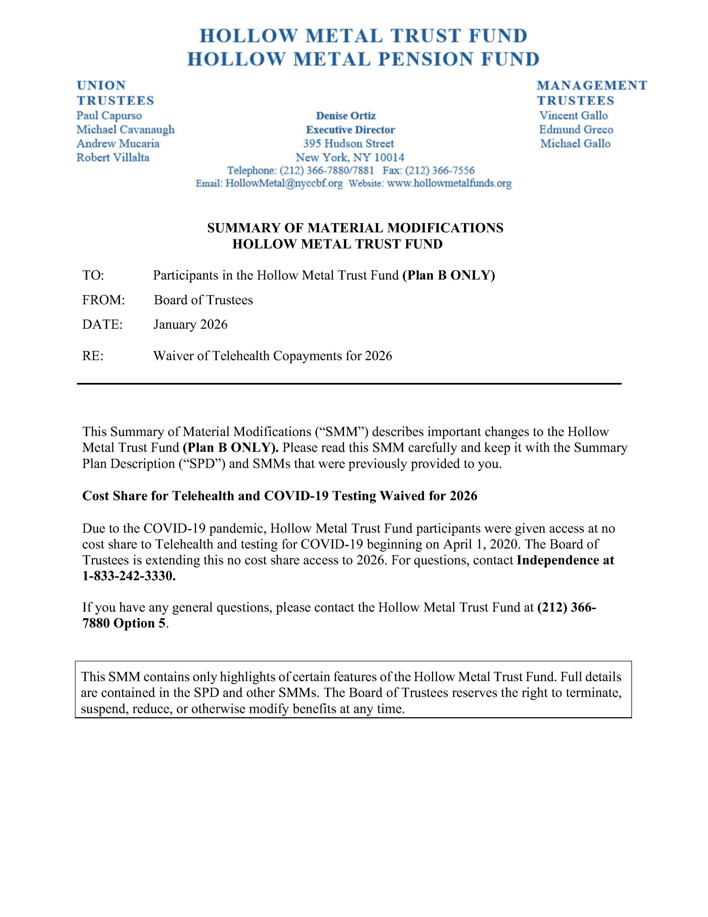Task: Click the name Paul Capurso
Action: click(109, 115)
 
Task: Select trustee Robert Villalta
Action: click(113, 158)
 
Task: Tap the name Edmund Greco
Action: click(576, 129)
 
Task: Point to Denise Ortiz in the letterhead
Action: click(346, 115)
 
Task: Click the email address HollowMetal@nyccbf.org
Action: click(284, 183)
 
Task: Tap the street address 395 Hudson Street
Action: click(349, 144)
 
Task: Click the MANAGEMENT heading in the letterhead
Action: click(592, 85)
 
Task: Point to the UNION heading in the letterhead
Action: click(101, 85)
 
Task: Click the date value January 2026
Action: click(190, 325)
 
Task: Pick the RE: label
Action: click(93, 356)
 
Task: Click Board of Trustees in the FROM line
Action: click(203, 300)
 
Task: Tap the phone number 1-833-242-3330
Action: click(129, 576)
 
